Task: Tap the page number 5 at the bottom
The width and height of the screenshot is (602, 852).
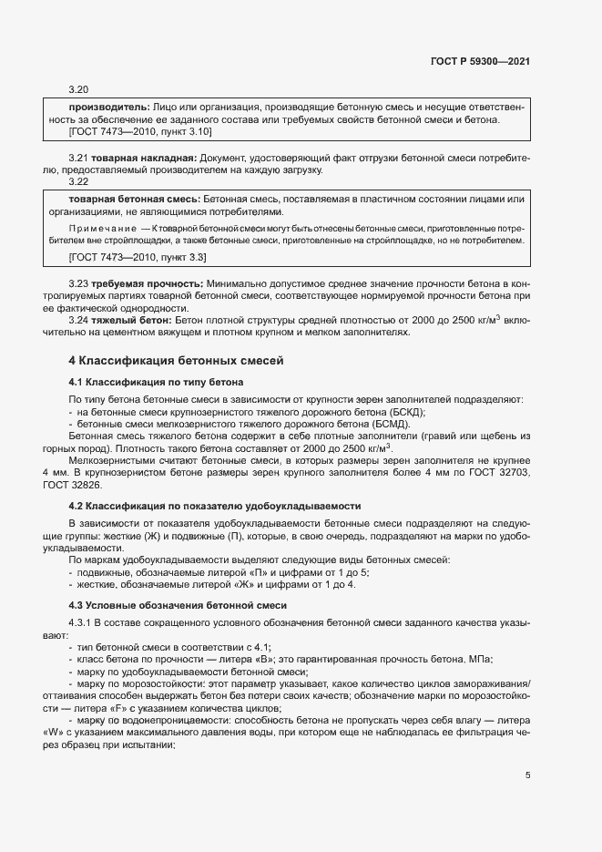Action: point(527,776)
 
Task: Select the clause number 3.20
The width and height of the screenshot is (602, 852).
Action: point(78,89)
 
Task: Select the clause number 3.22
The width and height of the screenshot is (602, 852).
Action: point(78,181)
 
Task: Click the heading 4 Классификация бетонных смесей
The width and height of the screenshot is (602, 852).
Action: point(177,361)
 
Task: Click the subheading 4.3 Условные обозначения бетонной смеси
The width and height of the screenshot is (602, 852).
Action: point(178,605)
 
